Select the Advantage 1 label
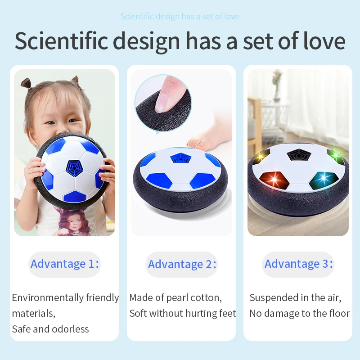(x=64, y=264)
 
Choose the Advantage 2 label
(x=182, y=264)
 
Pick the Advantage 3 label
(x=298, y=264)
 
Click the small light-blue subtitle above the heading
(x=180, y=17)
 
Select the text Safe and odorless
(x=50, y=329)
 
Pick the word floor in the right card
(x=338, y=313)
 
